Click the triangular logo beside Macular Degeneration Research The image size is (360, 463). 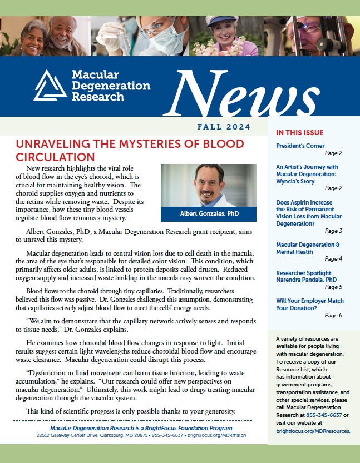(50, 86)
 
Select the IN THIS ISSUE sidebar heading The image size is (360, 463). (299, 132)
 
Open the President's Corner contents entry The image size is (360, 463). (301, 146)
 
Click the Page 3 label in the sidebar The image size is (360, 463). (333, 231)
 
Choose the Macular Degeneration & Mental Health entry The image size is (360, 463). (308, 248)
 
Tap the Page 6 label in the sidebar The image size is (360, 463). (333, 315)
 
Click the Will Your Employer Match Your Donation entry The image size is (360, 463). (309, 305)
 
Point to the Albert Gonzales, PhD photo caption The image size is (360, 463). (209, 214)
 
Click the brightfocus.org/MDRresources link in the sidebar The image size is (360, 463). (313, 431)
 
